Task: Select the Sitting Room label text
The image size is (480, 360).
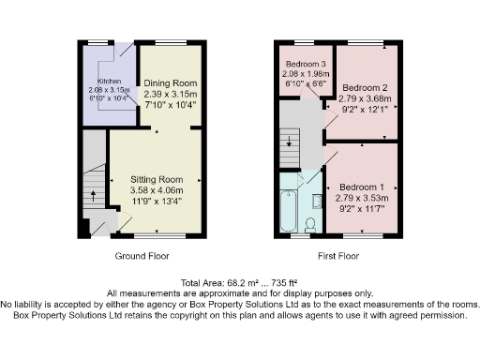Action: coord(156,180)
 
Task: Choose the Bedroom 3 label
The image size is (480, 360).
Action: coord(305,63)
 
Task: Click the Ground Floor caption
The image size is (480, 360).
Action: coord(142,256)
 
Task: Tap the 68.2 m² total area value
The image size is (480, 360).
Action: coord(232,283)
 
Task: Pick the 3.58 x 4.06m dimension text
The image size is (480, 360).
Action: coord(156,189)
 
